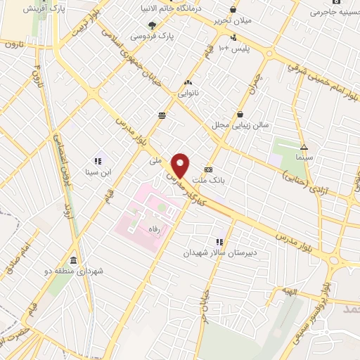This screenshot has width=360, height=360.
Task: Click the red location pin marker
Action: click(x=181, y=165)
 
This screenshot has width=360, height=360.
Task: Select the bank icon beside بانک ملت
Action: click(x=209, y=169)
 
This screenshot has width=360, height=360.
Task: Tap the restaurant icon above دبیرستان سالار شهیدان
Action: click(x=220, y=242)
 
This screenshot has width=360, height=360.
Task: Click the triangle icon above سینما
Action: click(x=304, y=148)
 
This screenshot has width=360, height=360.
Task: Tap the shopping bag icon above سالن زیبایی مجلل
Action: click(x=241, y=114)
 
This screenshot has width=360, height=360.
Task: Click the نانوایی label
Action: click(x=188, y=92)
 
